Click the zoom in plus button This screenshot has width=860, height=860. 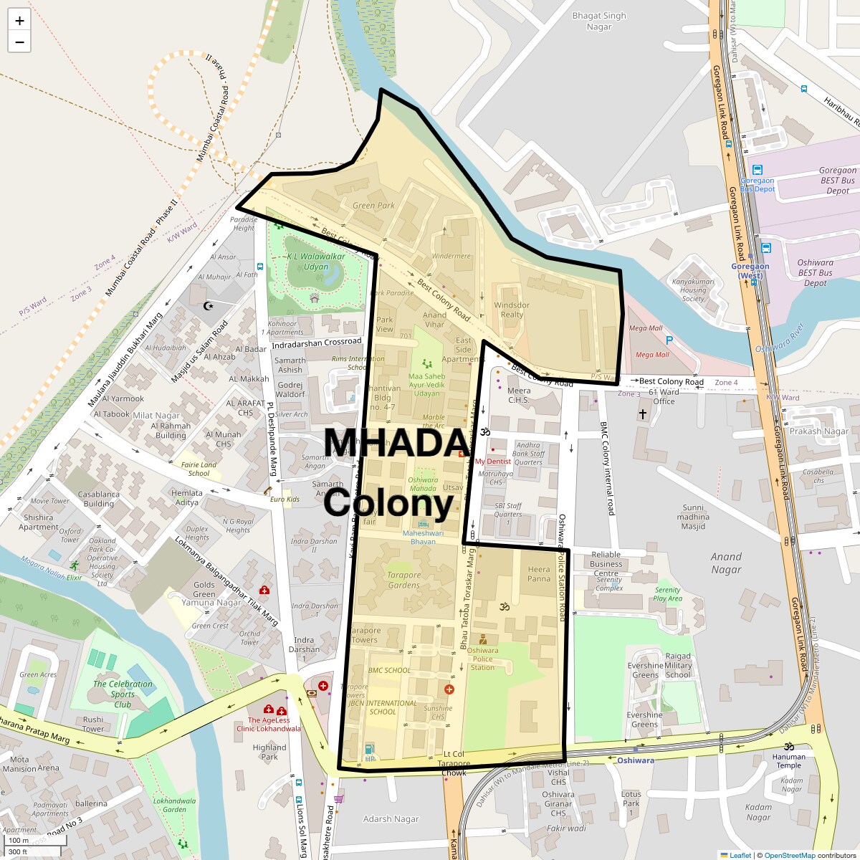(19, 21)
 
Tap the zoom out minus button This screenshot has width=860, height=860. (19, 42)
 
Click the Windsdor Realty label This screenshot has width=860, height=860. (512, 310)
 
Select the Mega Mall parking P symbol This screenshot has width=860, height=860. (669, 340)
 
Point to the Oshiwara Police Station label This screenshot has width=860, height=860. (482, 659)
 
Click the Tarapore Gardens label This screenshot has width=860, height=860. (403, 580)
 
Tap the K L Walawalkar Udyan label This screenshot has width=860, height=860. (316, 262)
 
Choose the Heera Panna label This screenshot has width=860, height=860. (539, 574)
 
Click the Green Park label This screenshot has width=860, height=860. (373, 206)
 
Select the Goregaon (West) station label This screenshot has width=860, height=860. (750, 271)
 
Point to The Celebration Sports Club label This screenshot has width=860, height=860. (123, 694)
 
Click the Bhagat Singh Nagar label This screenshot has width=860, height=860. (599, 21)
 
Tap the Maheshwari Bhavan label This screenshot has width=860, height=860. (423, 537)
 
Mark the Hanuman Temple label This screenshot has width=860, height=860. (788, 760)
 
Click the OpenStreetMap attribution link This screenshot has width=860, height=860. (790, 855)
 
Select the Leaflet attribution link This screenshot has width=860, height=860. (740, 855)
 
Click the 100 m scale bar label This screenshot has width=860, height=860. (19, 841)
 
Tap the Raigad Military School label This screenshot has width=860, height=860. (678, 665)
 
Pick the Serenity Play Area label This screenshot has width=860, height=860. (667, 594)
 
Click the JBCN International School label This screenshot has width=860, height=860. (383, 707)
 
